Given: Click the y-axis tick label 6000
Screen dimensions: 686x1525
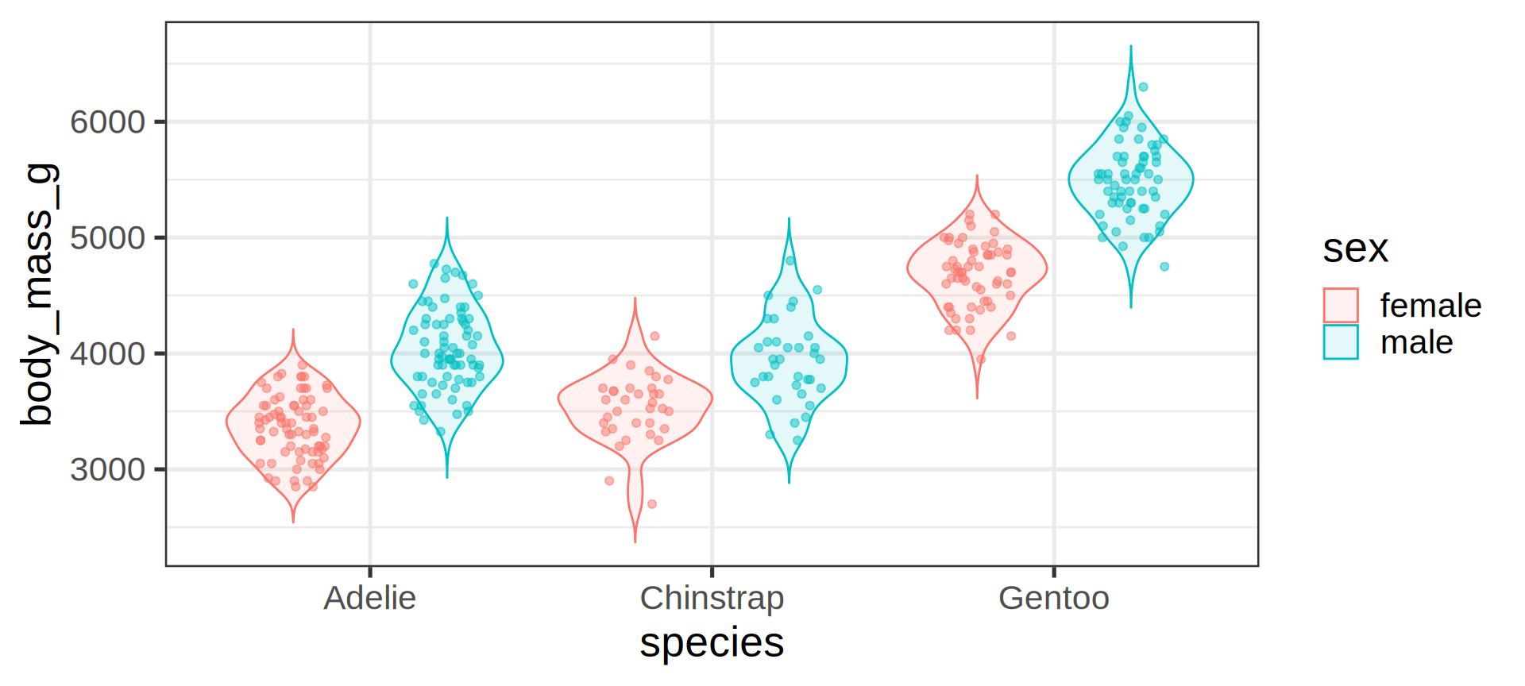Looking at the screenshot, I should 107,122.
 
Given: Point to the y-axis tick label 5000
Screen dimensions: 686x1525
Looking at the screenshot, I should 107,238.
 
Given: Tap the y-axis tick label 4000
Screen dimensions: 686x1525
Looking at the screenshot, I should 107,354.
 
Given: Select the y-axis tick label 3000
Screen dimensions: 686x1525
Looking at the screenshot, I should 107,470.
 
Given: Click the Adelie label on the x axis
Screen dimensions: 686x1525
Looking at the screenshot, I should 369,598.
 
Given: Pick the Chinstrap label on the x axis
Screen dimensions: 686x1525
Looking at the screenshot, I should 712,598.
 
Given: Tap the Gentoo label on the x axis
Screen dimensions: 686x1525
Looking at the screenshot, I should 1053,598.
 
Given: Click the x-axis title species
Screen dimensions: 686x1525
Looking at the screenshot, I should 712,642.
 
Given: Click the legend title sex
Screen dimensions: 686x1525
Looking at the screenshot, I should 1355,249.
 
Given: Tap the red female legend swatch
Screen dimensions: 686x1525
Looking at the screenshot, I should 1341,305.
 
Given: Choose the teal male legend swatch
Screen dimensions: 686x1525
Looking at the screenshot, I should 1341,342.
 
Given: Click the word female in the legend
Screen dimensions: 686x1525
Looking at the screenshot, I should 1430,306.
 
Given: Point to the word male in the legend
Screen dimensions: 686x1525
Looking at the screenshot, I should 1416,343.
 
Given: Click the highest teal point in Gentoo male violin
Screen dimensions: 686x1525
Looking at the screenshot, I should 1143,87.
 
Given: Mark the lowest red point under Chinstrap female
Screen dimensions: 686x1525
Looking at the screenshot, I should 652,504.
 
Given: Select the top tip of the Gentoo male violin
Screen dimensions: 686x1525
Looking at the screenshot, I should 1131,46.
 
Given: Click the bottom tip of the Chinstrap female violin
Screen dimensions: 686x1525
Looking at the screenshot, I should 635,542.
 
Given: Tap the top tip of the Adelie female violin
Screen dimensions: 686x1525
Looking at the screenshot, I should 293,330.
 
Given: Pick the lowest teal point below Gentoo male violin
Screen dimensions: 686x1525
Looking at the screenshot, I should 1164,267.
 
